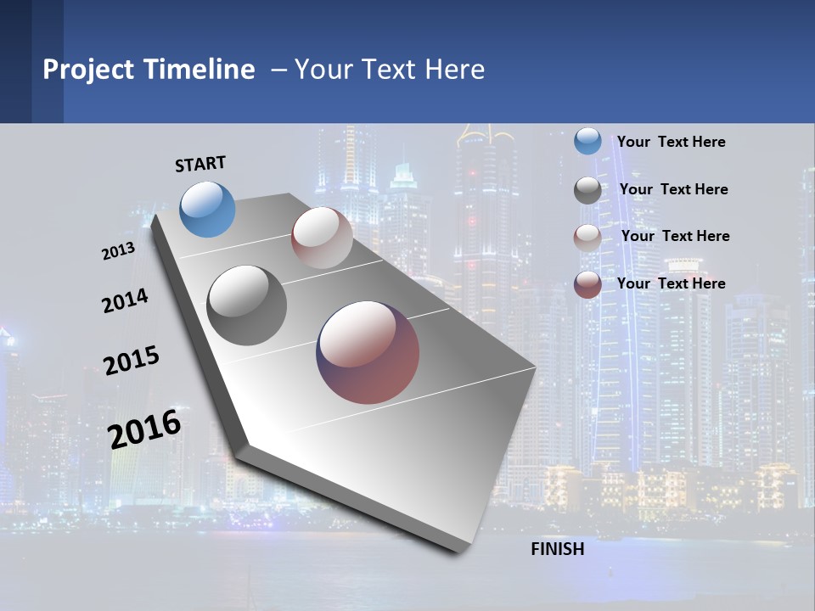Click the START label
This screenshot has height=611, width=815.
[x=200, y=164]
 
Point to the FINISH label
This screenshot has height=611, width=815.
[x=558, y=549]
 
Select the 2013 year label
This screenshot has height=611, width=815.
[x=118, y=251]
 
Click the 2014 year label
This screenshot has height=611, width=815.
[x=125, y=300]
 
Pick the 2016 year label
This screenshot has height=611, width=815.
[x=144, y=429]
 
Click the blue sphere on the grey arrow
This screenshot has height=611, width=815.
[x=208, y=209]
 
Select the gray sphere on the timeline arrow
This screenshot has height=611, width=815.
[x=246, y=305]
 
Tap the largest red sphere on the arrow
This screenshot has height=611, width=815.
[x=368, y=352]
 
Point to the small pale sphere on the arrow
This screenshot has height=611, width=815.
[x=322, y=237]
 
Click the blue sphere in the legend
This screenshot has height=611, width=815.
[x=587, y=141]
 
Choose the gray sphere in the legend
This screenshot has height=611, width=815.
[x=587, y=189]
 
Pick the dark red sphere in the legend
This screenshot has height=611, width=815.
[x=587, y=284]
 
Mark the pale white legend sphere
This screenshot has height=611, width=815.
[x=587, y=237]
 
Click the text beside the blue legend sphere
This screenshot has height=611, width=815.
[x=671, y=142]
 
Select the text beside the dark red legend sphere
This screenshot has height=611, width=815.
[x=671, y=283]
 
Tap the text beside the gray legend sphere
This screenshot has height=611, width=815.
[x=673, y=189]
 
